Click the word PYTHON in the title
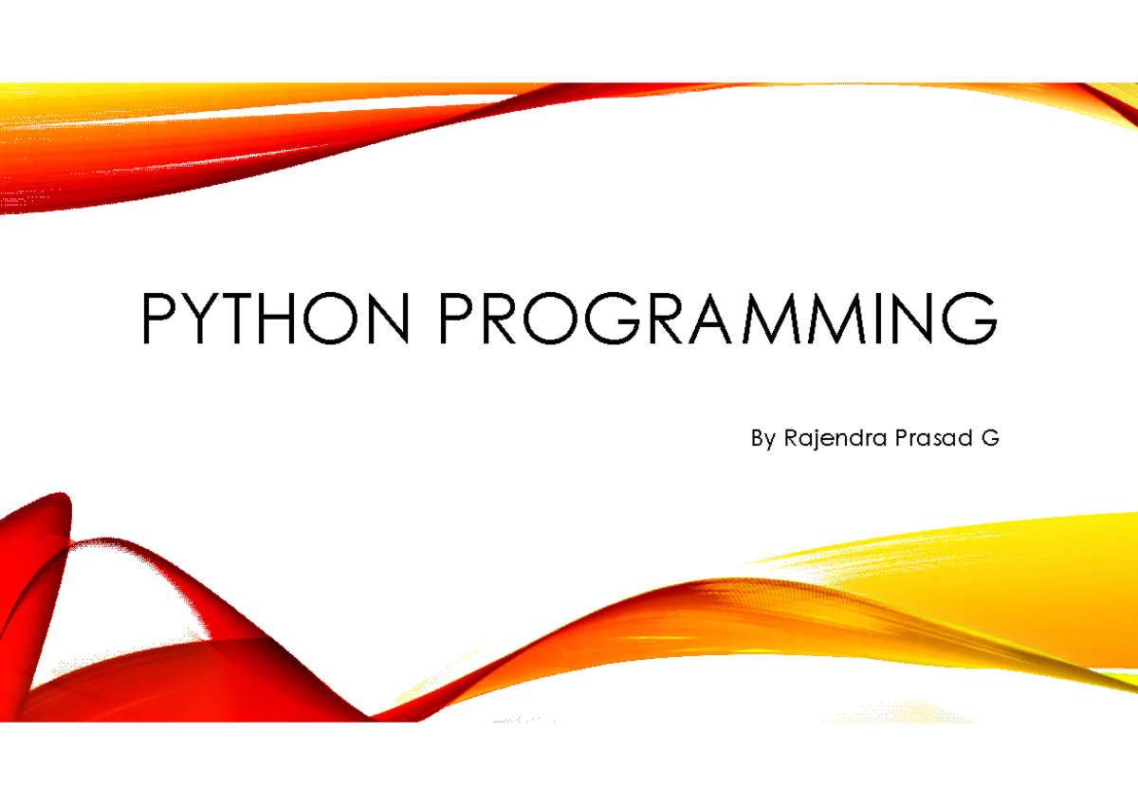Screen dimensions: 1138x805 (275, 318)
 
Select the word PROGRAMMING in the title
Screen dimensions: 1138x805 (719, 318)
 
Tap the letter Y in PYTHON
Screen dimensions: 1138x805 (200, 319)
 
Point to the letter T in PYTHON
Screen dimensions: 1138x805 (236, 319)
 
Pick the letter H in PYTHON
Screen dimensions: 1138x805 (277, 319)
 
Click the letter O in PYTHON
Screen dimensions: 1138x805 (331, 319)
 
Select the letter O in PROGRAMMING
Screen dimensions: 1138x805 (551, 319)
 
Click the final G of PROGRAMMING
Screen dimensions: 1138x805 (970, 319)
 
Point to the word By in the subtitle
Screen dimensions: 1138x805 (763, 439)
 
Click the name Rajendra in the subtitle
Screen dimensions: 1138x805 (835, 439)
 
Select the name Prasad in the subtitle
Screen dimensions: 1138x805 (934, 438)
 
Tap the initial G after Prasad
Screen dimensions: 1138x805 (990, 438)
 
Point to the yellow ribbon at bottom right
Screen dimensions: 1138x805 (991, 584)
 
